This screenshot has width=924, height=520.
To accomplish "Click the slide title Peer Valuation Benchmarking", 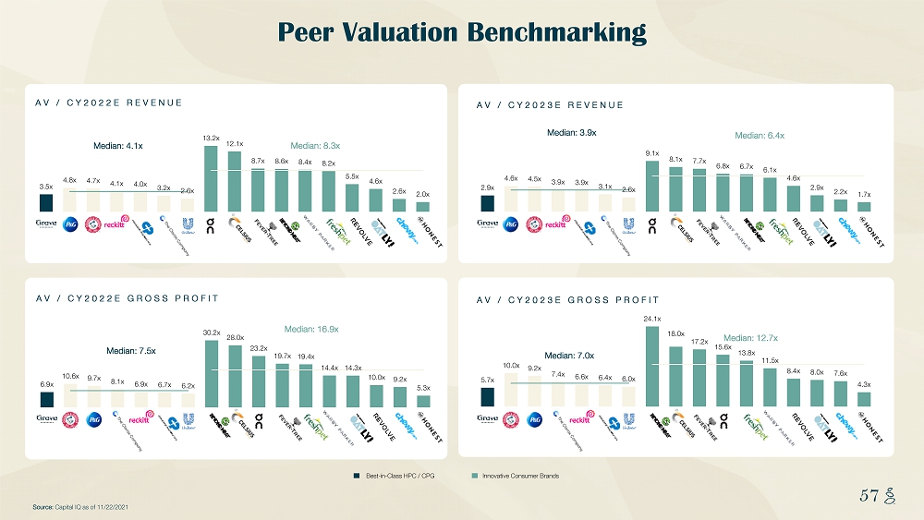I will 462,33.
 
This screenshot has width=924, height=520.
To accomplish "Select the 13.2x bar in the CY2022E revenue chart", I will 211,178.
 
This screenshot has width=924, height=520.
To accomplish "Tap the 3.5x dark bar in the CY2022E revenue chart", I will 46,202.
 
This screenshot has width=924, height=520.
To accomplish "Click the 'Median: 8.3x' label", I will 316,145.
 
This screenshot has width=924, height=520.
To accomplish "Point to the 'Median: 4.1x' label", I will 118,145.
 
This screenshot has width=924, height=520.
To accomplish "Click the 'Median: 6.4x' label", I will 760,136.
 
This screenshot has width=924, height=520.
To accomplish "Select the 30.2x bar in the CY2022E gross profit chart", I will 212,373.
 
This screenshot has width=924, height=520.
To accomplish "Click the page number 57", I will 868,496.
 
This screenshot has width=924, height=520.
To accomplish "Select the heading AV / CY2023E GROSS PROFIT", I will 567,300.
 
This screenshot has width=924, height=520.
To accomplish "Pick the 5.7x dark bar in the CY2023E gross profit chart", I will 488,396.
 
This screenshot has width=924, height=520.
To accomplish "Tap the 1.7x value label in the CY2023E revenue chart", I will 865,195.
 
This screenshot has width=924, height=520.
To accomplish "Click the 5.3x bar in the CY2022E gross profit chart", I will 423,401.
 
